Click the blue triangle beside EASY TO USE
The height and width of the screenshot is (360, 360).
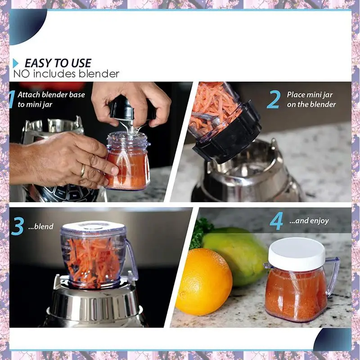click(15, 63)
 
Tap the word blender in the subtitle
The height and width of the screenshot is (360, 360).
click(99, 74)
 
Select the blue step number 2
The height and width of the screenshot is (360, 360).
click(274, 99)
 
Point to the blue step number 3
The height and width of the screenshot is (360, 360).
click(17, 226)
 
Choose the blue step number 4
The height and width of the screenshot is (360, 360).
click(276, 221)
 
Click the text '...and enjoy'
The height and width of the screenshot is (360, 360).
click(309, 221)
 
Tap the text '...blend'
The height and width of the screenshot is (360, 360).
click(40, 227)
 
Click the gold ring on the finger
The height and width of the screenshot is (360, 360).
click(83, 171)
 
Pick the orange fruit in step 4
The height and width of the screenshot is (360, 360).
click(204, 282)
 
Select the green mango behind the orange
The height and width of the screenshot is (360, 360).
click(237, 255)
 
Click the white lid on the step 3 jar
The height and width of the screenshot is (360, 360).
click(93, 227)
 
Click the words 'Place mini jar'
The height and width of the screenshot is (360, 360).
click(310, 94)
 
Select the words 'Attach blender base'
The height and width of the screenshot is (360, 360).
click(51, 94)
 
